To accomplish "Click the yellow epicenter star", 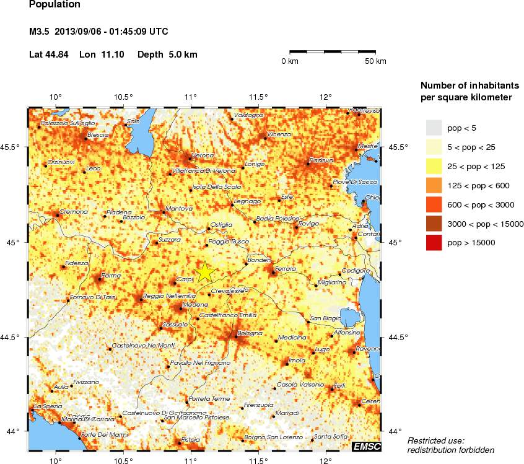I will (x=204, y=271).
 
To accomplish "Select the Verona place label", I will (x=203, y=155).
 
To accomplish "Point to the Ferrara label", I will (x=287, y=268).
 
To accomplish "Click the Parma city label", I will (x=111, y=275).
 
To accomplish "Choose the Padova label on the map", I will (x=321, y=160).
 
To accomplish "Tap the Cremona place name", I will (x=72, y=212).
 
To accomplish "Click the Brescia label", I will (x=98, y=134).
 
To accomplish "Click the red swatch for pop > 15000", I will (x=435, y=243).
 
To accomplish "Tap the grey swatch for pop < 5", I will (x=435, y=128).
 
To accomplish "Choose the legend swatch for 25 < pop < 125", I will (x=435, y=166).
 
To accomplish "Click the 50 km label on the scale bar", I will (x=375, y=61).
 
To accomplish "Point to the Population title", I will (x=55, y=4).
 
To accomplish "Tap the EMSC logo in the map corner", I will (x=367, y=447).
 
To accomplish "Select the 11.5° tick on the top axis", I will (x=258, y=97).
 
